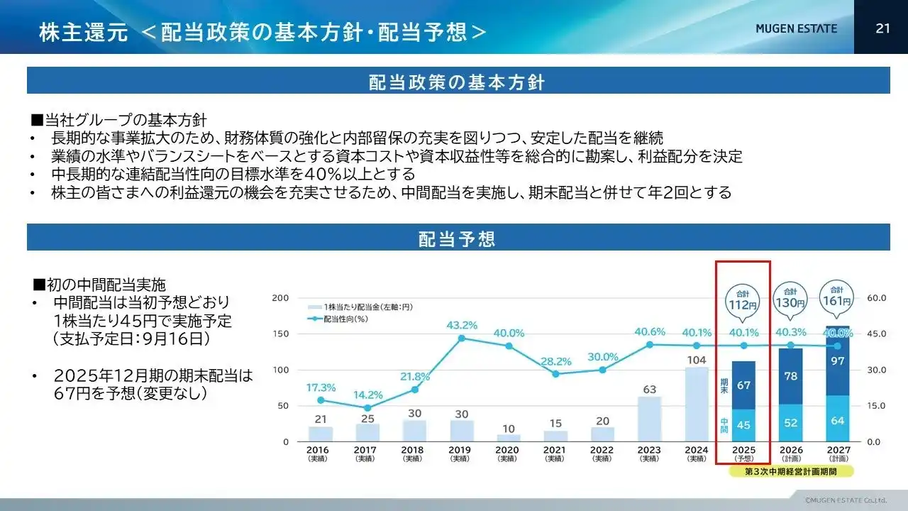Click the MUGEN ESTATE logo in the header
796,28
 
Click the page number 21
882,28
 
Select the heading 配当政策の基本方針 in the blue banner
458,82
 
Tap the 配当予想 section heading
458,238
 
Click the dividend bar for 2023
649,419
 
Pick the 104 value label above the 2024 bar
697,360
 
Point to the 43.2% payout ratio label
462,325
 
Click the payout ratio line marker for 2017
367,408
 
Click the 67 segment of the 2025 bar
743,385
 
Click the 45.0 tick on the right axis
877,334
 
